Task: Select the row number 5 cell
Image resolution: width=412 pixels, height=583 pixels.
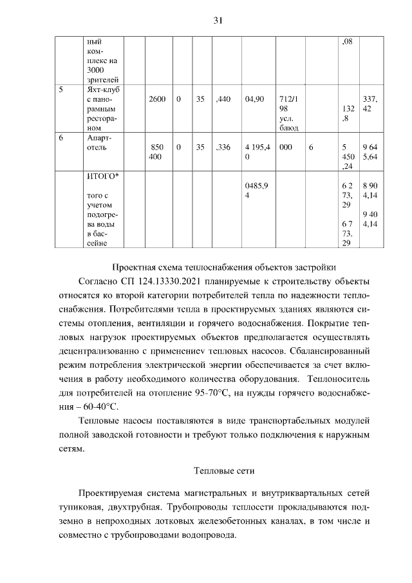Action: [61, 90]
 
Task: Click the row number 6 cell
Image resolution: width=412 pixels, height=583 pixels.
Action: [61, 138]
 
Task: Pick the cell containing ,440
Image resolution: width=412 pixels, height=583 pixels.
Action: [224, 100]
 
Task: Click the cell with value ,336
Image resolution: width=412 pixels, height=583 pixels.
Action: [224, 148]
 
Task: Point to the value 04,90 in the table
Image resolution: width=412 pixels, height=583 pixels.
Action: [256, 100]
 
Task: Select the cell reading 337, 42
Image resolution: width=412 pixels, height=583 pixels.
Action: [370, 104]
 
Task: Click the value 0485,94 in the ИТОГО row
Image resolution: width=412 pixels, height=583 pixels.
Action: [257, 190]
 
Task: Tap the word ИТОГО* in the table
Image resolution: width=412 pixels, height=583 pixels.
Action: [100, 177]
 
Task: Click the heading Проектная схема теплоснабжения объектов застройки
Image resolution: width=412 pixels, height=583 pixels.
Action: [223, 267]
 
